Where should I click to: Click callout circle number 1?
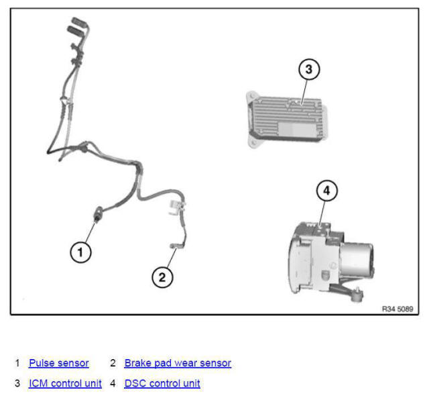[x=80, y=252]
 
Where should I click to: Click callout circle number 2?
[x=162, y=277]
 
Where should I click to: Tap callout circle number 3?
[x=308, y=69]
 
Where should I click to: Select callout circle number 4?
[x=326, y=191]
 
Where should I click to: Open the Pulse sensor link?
[x=58, y=363]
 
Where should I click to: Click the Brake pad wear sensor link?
[x=178, y=363]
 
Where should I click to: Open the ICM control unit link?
[x=65, y=384]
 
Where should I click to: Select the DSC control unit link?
[x=162, y=384]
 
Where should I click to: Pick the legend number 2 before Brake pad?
[x=113, y=363]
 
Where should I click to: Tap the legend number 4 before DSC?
[x=113, y=384]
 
